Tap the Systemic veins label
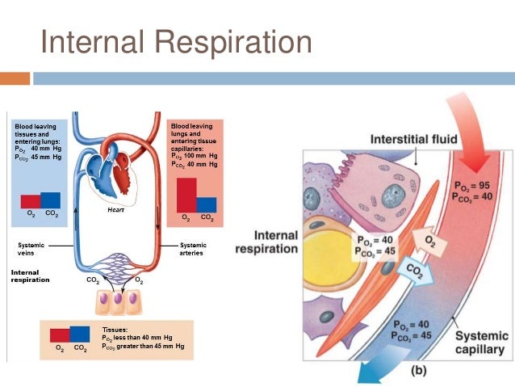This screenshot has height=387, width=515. (x=31, y=249)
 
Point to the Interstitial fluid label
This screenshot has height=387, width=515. (x=413, y=139)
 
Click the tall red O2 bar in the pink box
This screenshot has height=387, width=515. (x=186, y=196)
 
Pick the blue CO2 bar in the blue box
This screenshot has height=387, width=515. (x=50, y=200)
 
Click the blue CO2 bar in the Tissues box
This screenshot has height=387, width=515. (x=79, y=334)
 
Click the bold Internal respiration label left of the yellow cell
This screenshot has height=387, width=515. (x=266, y=242)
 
